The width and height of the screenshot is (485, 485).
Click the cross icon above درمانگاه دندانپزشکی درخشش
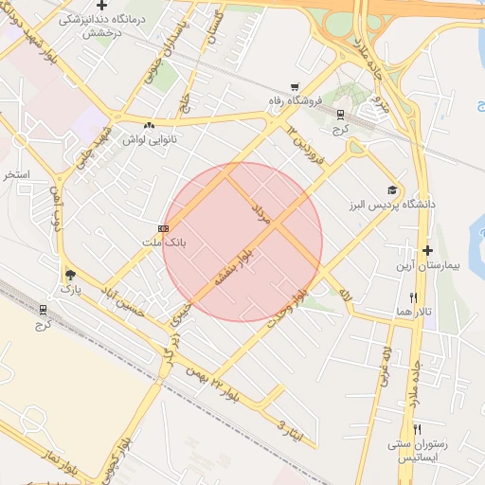(101, 6)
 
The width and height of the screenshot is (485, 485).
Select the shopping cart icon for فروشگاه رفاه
(295, 86)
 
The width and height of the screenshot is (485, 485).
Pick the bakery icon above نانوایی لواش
(149, 124)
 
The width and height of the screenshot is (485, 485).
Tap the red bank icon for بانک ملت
(164, 228)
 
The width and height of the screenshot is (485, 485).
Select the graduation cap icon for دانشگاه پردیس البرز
(391, 189)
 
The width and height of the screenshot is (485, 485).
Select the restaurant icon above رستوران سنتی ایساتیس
(417, 428)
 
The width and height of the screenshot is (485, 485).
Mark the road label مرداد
(260, 213)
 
